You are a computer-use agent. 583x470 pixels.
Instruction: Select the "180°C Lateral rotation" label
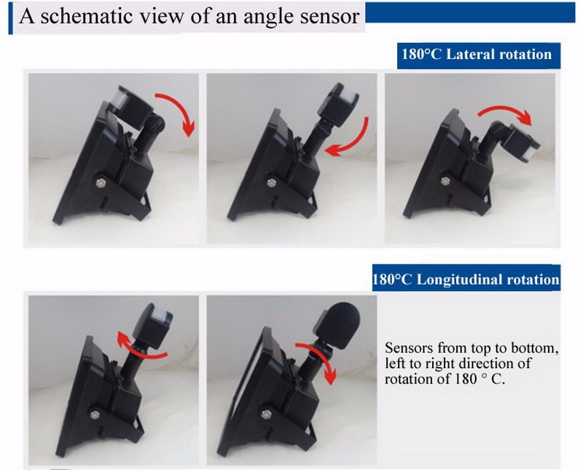pyautogui.click(x=479, y=56)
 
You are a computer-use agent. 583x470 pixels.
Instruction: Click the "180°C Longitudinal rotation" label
pyautogui.click(x=466, y=278)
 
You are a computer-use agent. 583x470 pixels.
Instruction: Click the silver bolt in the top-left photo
pyautogui.click(x=101, y=183)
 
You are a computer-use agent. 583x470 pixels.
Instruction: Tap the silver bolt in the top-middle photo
pyautogui.click(x=272, y=183)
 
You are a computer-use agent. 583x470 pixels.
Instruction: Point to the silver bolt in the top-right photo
pyautogui.click(x=446, y=181)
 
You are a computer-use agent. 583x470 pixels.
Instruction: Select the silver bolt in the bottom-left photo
pyautogui.click(x=95, y=415)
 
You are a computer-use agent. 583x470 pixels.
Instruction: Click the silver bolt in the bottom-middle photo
pyautogui.click(x=266, y=414)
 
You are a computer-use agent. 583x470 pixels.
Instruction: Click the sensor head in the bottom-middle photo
pyautogui.click(x=337, y=324)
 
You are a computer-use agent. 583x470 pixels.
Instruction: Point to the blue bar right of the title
pyautogui.click(x=471, y=12)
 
